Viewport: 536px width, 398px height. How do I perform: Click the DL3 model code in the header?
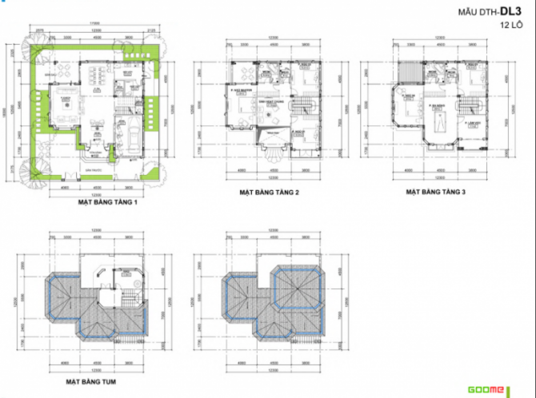pos(513,12)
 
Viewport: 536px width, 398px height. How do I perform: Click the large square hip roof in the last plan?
pos(298,286)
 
